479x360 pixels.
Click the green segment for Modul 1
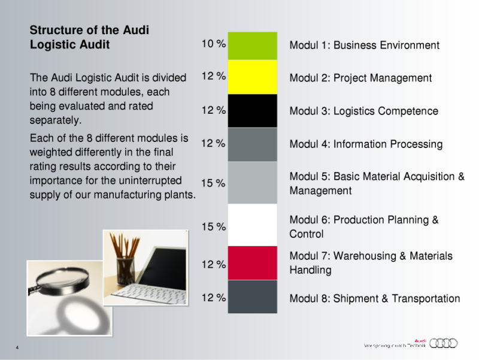pos(251,46)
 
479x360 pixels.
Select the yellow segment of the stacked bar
pos(251,77)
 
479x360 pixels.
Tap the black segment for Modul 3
pos(251,110)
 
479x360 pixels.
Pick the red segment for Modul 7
pos(251,263)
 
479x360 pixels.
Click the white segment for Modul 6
pos(251,225)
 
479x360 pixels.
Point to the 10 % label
pos(213,44)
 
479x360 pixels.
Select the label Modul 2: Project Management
pos(360,78)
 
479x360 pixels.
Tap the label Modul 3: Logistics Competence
pos(363,111)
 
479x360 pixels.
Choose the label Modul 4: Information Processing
pos(366,144)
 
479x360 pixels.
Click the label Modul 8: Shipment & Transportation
pos(375,299)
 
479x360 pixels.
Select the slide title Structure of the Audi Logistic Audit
pos(89,37)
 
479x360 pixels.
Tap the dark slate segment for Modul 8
pos(251,296)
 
